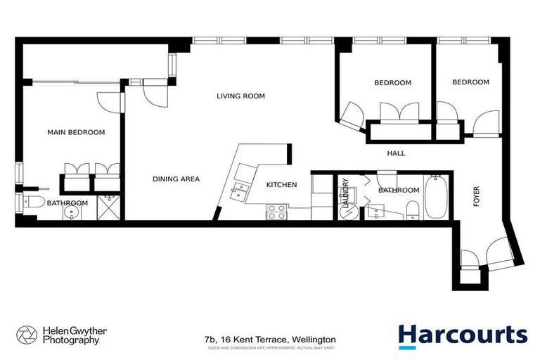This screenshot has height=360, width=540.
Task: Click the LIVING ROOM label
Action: tap(240, 96)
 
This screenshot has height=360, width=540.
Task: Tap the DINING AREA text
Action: tap(176, 179)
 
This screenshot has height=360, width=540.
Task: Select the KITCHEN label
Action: tap(281, 185)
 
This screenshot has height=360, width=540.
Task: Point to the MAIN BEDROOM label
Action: tap(76, 132)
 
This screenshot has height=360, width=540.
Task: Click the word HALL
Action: tap(397, 153)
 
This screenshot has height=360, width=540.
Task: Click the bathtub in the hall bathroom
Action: tap(433, 197)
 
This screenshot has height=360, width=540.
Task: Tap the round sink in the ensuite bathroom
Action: tap(70, 214)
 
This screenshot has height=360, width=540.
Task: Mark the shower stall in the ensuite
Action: tap(107, 207)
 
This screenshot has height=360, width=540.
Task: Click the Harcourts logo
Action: tap(462, 335)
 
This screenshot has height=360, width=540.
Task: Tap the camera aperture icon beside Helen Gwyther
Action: tap(27, 335)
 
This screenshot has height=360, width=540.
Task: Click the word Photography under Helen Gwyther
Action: tap(68, 341)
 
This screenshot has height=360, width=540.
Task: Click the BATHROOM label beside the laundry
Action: tap(399, 191)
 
